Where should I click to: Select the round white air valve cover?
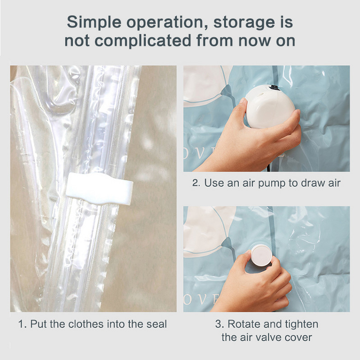tap(262, 255)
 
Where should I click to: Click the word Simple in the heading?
tap(94, 22)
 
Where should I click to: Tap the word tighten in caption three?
tap(301, 324)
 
